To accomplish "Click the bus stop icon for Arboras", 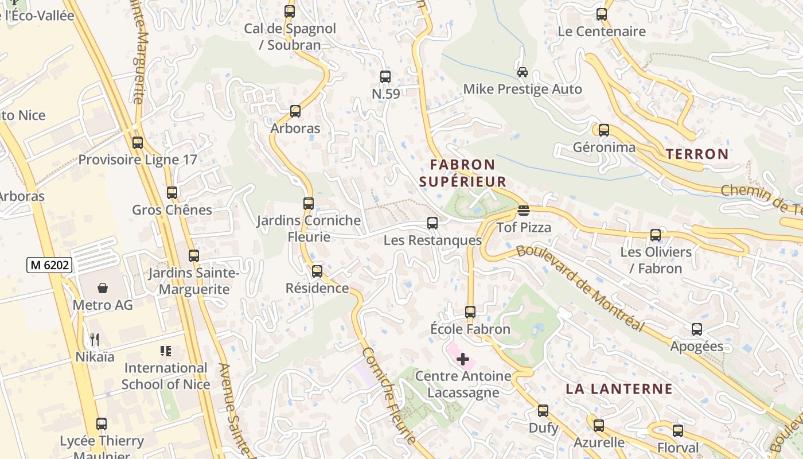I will pyautogui.click(x=295, y=111).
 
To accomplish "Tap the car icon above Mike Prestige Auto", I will pyautogui.click(x=523, y=72).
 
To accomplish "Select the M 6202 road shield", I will pyautogui.click(x=50, y=265).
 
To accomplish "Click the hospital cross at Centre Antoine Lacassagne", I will pyautogui.click(x=463, y=360).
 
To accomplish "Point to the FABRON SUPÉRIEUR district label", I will pyautogui.click(x=462, y=173).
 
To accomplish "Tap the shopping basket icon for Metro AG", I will pyautogui.click(x=103, y=288).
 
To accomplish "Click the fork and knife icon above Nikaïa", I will pyautogui.click(x=95, y=340).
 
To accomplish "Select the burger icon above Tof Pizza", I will pyautogui.click(x=523, y=211).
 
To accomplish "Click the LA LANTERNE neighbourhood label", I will pyautogui.click(x=619, y=389).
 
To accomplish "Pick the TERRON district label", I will pyautogui.click(x=697, y=154).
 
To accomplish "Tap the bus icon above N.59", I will pyautogui.click(x=385, y=77).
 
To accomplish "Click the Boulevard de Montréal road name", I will pyautogui.click(x=579, y=289).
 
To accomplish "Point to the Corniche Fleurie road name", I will pyautogui.click(x=390, y=396).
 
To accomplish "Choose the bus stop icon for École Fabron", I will pyautogui.click(x=470, y=312).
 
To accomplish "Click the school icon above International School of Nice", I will pyautogui.click(x=166, y=351).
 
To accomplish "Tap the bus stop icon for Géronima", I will pyautogui.click(x=604, y=130).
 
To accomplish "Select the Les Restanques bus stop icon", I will pyautogui.click(x=432, y=223).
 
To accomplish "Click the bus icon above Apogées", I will pyautogui.click(x=697, y=329).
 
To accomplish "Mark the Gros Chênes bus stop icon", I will pyautogui.click(x=172, y=193).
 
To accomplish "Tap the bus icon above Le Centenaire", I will pyautogui.click(x=602, y=14).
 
